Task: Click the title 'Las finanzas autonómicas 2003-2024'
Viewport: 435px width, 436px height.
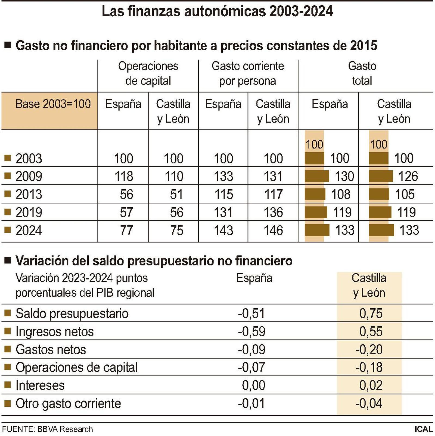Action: click(x=217, y=11)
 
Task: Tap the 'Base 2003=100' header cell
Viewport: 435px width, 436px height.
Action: click(x=53, y=104)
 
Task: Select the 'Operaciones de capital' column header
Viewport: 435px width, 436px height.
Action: click(x=148, y=73)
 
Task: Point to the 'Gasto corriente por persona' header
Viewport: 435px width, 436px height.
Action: click(x=248, y=73)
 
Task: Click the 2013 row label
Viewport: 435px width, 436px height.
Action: click(x=29, y=195)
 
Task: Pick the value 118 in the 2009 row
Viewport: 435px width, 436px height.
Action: click(x=124, y=176)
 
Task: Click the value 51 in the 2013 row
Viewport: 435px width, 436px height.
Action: click(x=176, y=195)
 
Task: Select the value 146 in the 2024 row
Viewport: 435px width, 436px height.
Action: click(x=273, y=231)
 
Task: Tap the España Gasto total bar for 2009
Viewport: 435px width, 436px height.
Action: click(x=317, y=176)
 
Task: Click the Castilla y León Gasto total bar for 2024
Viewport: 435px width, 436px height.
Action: click(x=381, y=230)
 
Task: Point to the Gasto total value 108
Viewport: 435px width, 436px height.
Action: click(x=341, y=195)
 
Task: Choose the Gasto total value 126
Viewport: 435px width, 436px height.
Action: click(x=408, y=176)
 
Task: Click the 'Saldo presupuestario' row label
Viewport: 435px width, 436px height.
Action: click(x=72, y=313)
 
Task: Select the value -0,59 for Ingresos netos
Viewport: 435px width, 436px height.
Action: click(x=251, y=332)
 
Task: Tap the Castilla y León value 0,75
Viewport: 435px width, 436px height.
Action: click(x=371, y=313)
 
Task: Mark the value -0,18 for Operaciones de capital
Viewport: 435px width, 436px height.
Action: click(x=369, y=368)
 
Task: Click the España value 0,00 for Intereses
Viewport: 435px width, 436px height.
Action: click(x=253, y=385)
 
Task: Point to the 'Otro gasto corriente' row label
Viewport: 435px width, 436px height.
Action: click(x=68, y=404)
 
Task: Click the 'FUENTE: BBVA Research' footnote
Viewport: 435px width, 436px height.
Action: click(x=48, y=429)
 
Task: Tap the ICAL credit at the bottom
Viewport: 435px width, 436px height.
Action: click(x=424, y=429)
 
